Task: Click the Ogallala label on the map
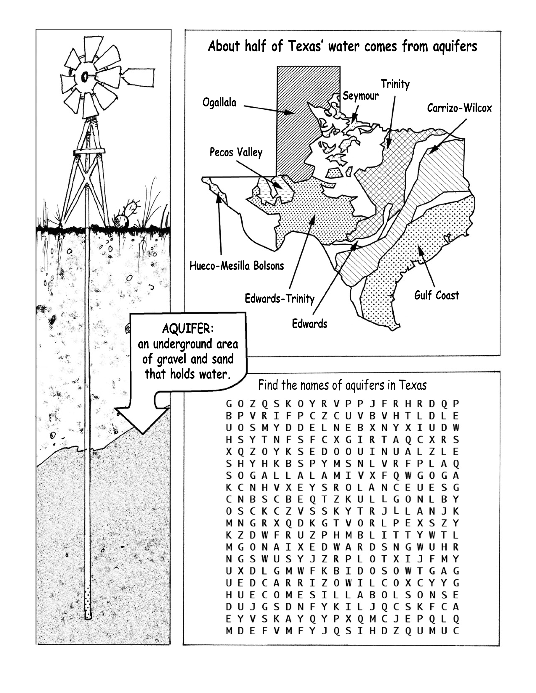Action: (x=219, y=103)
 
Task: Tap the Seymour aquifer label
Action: (x=360, y=96)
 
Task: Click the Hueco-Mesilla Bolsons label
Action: (x=236, y=266)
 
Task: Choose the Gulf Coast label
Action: (x=437, y=295)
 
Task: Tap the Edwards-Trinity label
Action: (x=279, y=299)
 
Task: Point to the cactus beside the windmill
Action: (x=128, y=213)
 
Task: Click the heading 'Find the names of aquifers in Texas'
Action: (x=342, y=385)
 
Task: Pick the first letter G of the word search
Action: (x=229, y=404)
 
